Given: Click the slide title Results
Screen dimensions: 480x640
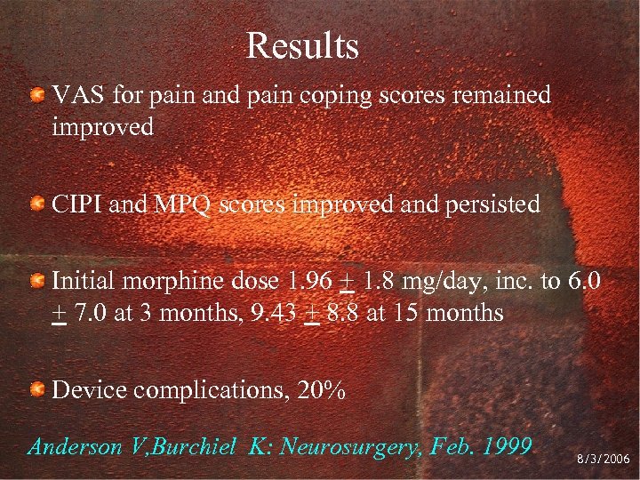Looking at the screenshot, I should [x=302, y=46].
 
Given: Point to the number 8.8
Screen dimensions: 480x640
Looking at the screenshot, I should [x=343, y=314].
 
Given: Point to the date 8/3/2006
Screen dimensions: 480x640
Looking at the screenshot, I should [x=601, y=459].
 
